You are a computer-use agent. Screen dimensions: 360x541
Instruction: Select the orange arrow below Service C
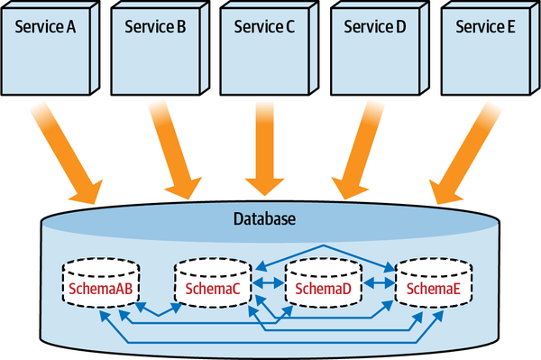(x=265, y=150)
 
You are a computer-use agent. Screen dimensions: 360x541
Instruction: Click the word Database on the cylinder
(x=264, y=219)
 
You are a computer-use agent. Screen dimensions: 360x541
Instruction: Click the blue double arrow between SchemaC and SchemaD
(x=268, y=284)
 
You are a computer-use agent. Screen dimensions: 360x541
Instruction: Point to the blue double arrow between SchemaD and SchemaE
(x=379, y=284)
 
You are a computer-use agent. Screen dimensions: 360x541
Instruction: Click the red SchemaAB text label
(x=101, y=290)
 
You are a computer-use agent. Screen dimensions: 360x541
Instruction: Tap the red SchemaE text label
(x=434, y=290)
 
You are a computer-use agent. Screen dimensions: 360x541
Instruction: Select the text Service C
(x=264, y=26)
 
